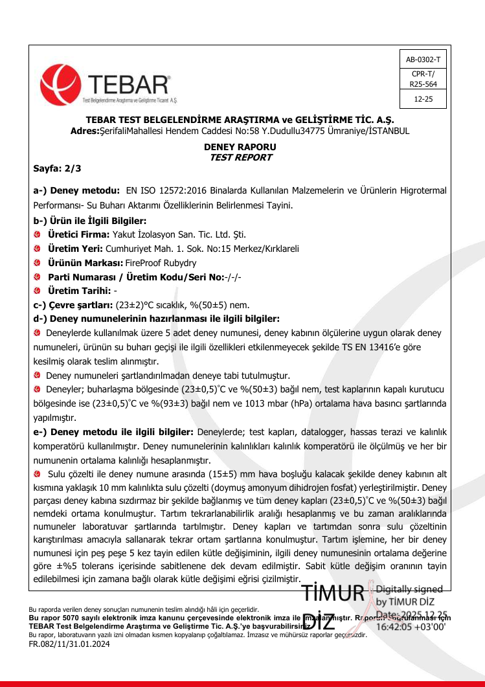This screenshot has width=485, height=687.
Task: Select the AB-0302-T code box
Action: pos(422,60)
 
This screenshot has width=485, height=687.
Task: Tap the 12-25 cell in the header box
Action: pos(422,99)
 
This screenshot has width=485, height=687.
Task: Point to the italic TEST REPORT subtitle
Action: pos(241,157)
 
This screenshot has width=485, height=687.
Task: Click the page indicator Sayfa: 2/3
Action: pos(57,169)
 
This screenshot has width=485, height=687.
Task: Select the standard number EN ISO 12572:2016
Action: pos(164,191)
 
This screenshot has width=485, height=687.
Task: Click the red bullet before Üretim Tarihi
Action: pos(38,291)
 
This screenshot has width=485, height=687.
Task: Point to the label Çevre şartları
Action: pos(78,305)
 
